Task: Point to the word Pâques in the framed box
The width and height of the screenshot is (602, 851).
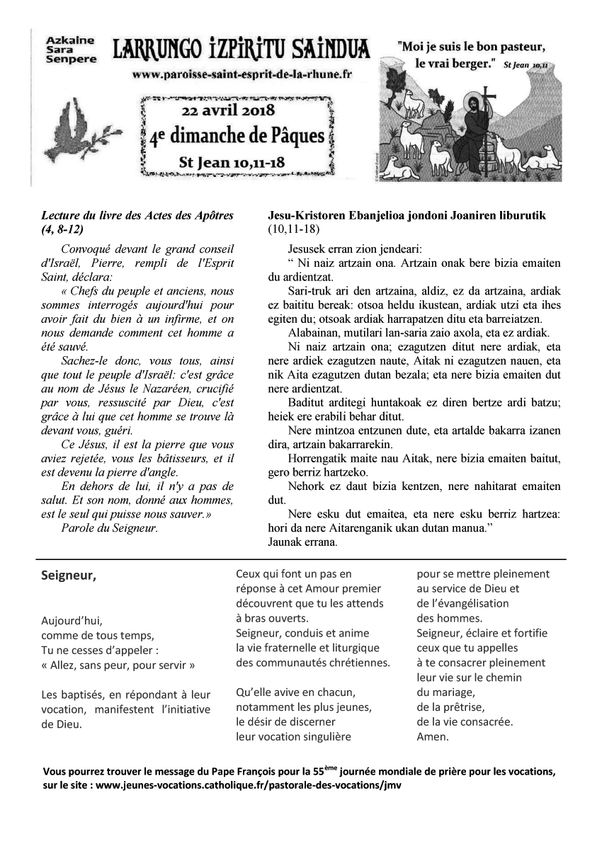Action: [x=292, y=136]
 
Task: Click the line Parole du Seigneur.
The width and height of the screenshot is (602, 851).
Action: [x=110, y=527]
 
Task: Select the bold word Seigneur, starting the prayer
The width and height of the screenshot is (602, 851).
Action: [x=69, y=575]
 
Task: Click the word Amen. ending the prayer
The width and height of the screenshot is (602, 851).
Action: [x=432, y=736]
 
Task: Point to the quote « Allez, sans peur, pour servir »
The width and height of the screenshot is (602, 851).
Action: [x=118, y=666]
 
